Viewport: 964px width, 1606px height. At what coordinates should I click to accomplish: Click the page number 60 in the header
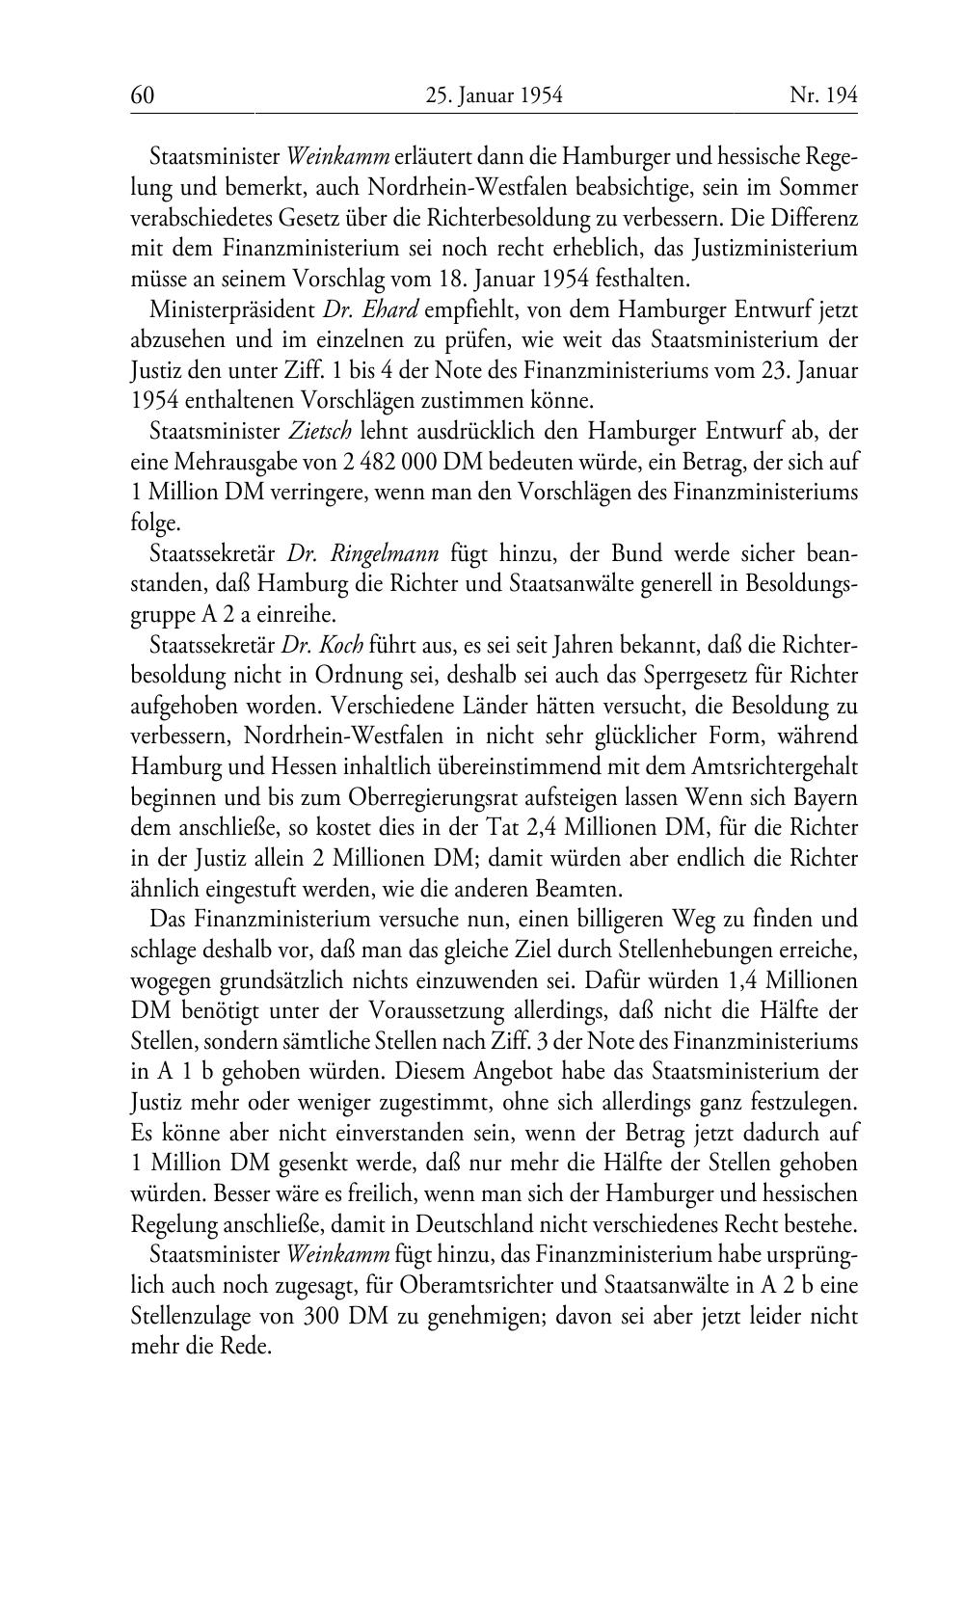tap(143, 94)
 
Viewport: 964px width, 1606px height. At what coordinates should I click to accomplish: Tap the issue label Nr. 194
tap(823, 94)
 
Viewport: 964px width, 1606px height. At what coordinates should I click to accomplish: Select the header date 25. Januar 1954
tap(493, 94)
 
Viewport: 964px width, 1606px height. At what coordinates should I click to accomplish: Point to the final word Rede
tap(246, 1347)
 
